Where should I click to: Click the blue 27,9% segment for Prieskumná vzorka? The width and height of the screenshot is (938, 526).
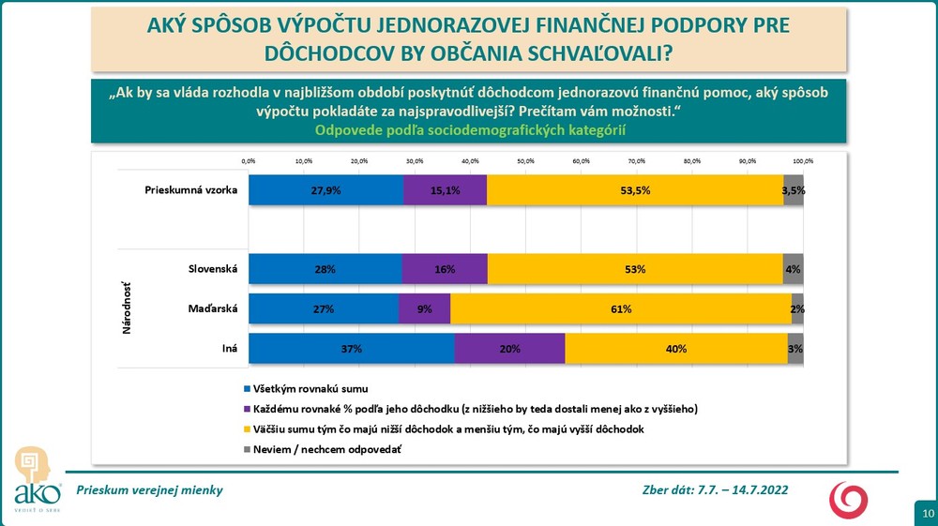pos(325,189)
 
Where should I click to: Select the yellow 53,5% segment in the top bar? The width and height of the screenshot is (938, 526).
pos(635,189)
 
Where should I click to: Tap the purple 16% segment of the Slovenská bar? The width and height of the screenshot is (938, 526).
pos(445,269)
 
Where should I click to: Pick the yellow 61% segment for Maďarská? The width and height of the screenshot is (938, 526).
pos(620,308)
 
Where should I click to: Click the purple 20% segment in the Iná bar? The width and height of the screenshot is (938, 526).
pos(509,348)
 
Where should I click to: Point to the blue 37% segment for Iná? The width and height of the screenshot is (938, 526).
pos(352,348)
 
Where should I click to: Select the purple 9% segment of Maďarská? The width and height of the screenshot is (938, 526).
pos(424,308)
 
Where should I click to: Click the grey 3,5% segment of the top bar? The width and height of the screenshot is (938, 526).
pos(794,189)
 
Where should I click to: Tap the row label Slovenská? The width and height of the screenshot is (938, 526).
pos(212,269)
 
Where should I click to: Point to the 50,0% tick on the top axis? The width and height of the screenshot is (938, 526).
pos(525,161)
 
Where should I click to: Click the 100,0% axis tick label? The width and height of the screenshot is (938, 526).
pos(802,161)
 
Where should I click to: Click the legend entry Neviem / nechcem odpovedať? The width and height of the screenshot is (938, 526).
pos(321,449)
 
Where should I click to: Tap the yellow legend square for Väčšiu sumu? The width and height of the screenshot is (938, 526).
pos(247,429)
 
